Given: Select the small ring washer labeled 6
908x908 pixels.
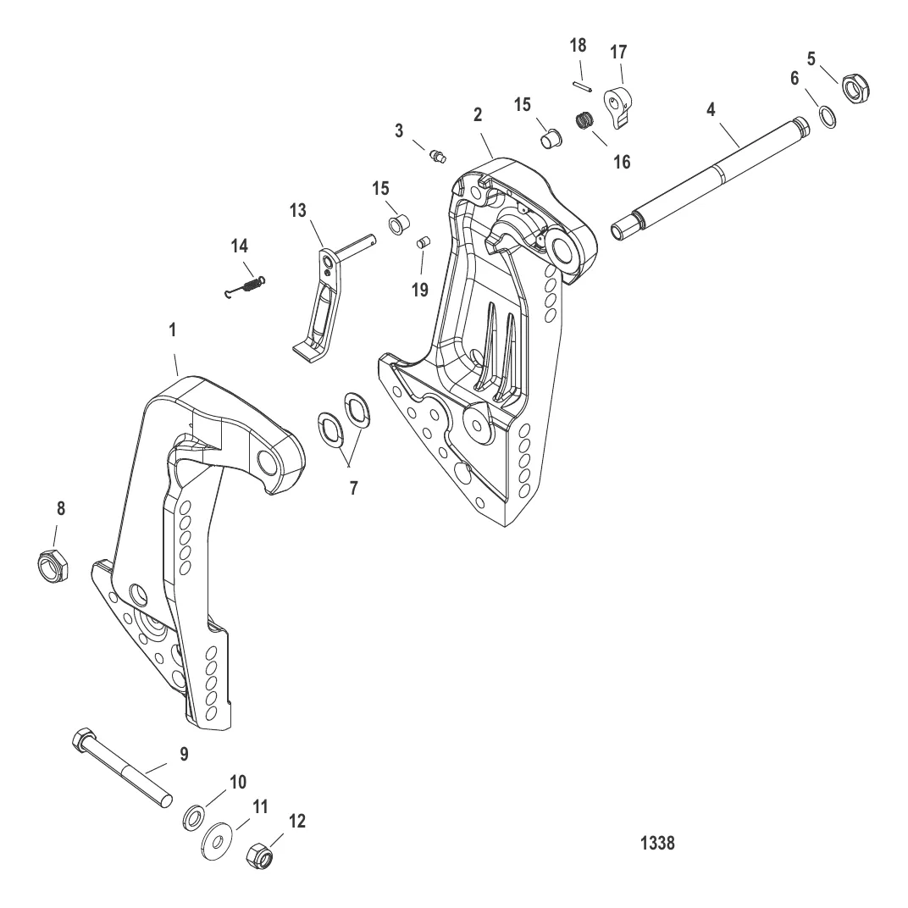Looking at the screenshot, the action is [x=828, y=118].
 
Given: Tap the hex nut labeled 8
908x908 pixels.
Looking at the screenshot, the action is [x=53, y=565].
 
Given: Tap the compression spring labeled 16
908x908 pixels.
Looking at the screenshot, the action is [x=586, y=121].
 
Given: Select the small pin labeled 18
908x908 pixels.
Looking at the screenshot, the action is [x=582, y=86].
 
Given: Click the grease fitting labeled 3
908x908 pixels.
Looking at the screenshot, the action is [x=439, y=156].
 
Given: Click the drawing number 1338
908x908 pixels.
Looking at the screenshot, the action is [x=657, y=843].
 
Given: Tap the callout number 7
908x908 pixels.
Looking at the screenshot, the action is [x=353, y=488].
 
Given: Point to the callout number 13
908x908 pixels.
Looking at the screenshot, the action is [x=297, y=210].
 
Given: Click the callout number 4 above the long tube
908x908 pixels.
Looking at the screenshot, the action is [x=711, y=109].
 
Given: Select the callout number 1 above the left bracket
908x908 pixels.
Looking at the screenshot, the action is [x=172, y=329].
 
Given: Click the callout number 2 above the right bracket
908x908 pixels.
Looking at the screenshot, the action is [x=477, y=114].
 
